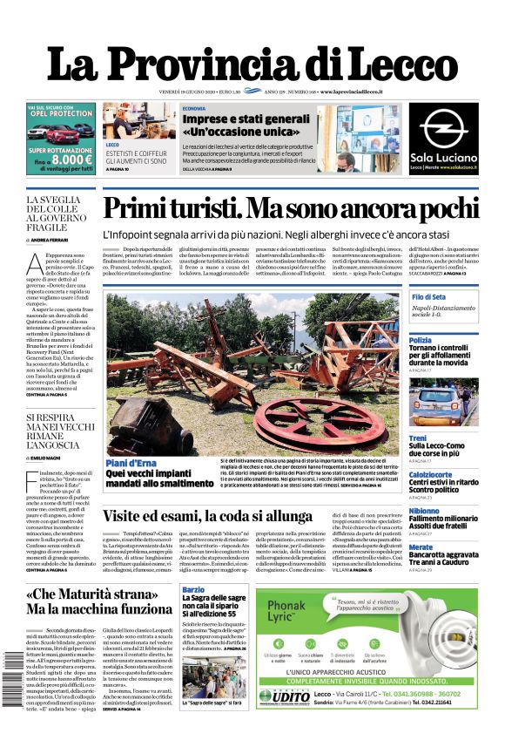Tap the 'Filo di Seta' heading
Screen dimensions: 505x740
[428, 298]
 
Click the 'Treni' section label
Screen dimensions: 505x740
[418, 438]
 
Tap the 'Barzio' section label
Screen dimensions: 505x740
[193, 590]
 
